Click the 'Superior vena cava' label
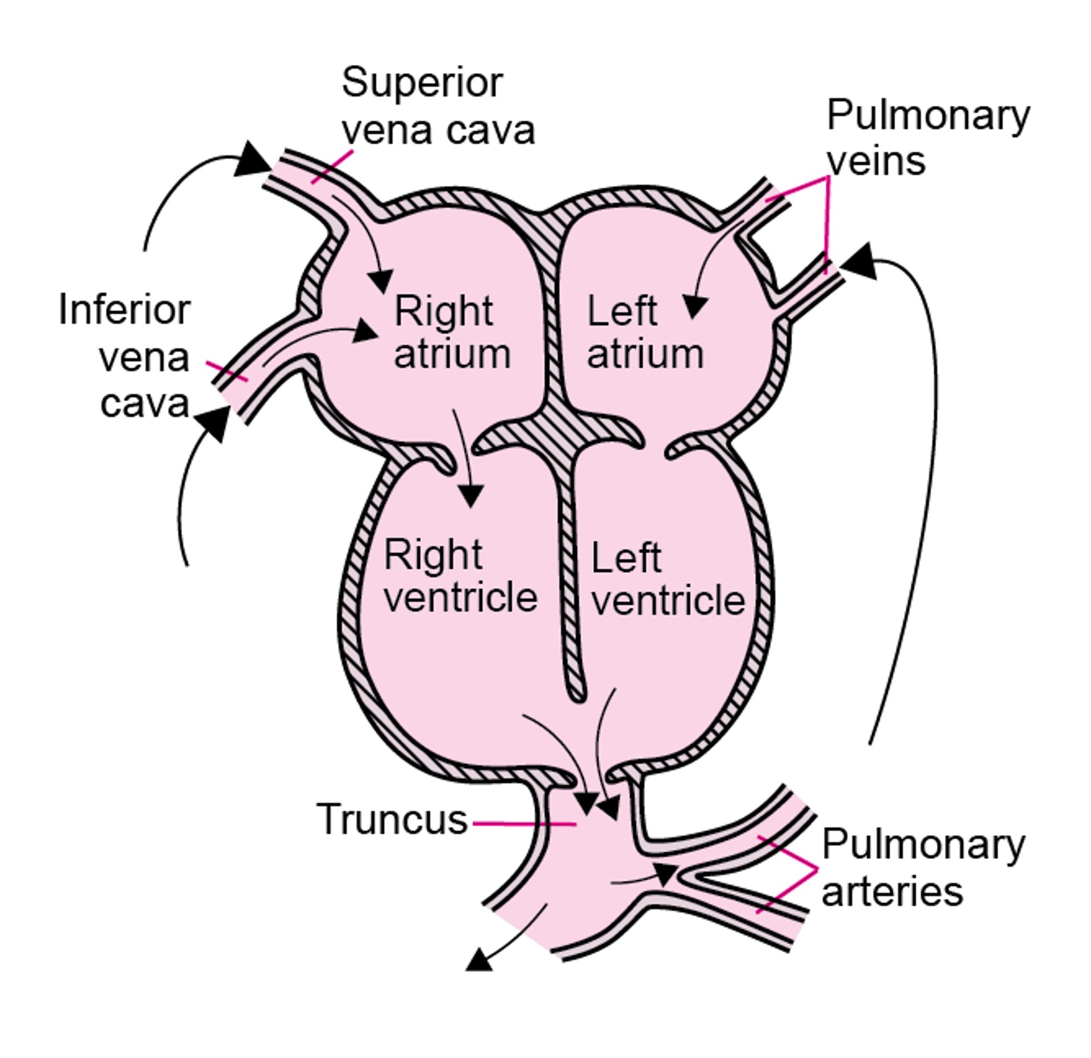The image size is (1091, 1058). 438,107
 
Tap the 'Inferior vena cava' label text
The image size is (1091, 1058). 125,356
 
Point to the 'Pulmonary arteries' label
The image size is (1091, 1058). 922,868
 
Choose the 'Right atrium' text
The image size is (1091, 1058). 452,332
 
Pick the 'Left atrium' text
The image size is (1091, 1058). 644,332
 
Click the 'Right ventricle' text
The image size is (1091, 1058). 460,576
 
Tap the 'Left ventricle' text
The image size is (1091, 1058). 667,579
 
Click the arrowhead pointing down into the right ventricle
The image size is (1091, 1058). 470,496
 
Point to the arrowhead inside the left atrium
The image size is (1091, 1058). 694,307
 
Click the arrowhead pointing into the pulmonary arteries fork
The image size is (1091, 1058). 665,874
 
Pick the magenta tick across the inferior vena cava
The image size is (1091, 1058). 227,372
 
